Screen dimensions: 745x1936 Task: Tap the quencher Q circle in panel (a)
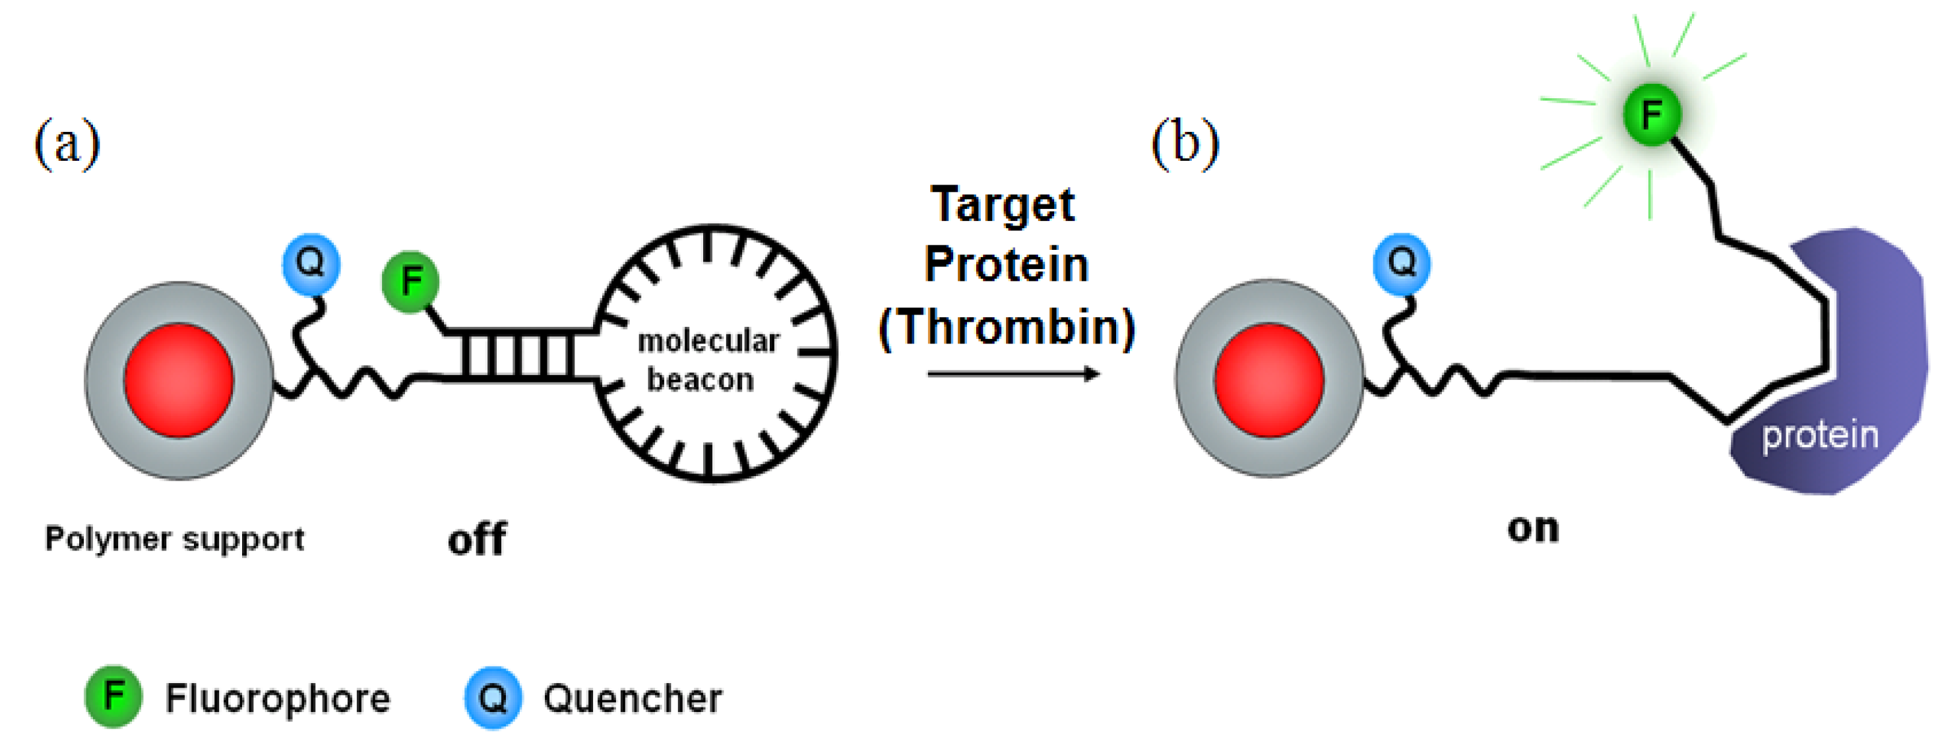click(x=311, y=263)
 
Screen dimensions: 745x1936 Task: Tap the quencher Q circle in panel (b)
click(x=1402, y=263)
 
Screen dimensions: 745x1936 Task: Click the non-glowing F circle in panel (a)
click(x=410, y=282)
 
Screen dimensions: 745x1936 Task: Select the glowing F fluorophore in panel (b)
click(x=1651, y=115)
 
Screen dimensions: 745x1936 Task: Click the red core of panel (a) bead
click(x=179, y=380)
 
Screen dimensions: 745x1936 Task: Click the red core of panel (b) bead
click(x=1268, y=379)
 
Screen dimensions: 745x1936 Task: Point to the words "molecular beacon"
click(x=706, y=361)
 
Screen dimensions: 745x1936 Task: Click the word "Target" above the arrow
click(x=1003, y=204)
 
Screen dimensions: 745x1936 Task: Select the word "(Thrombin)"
click(x=1007, y=328)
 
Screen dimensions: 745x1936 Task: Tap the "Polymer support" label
click(x=174, y=539)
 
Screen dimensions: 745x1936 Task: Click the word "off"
click(x=476, y=539)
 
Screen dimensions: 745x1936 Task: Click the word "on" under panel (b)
click(x=1533, y=529)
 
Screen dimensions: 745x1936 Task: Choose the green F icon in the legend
click(x=113, y=696)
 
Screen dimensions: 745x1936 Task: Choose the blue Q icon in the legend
click(x=493, y=698)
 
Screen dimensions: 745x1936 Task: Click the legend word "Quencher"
click(x=633, y=698)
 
